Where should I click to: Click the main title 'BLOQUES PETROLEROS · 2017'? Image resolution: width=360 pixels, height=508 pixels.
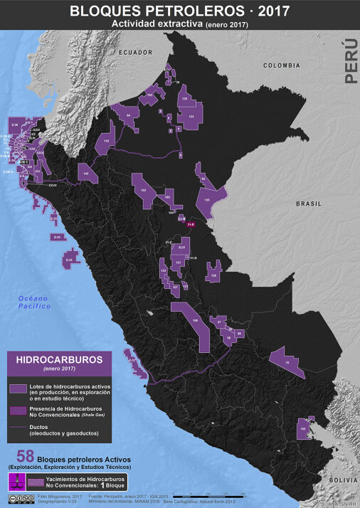[x=179, y=10]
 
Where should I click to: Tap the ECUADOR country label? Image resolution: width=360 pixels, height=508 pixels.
[x=136, y=53]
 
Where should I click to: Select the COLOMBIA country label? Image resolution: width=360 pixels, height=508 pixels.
[x=282, y=65]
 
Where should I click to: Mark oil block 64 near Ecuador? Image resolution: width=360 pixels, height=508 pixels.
[x=129, y=116]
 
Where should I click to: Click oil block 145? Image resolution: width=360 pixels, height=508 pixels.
[x=85, y=173]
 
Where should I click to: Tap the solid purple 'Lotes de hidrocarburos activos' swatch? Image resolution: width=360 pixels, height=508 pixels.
[x=18, y=388]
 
